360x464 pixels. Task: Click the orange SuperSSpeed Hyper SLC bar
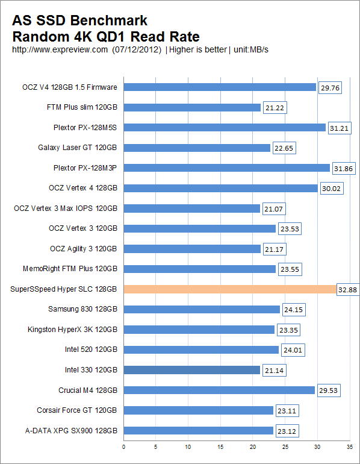[x=230, y=289]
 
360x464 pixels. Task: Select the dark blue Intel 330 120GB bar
[x=191, y=370]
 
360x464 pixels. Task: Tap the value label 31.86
[x=343, y=168]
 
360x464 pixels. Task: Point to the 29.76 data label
[x=329, y=87]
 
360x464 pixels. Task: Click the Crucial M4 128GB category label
[x=87, y=390]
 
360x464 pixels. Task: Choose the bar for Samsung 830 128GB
[x=202, y=309]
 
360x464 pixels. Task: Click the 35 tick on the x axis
[x=349, y=447]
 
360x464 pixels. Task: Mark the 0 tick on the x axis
[x=124, y=447]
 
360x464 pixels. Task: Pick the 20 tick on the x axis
[x=253, y=447]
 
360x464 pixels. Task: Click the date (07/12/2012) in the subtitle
[x=137, y=49]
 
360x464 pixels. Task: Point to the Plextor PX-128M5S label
[x=85, y=128]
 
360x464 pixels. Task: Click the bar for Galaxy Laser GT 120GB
[x=197, y=148]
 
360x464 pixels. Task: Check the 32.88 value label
[x=347, y=289]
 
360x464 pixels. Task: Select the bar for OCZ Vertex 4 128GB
[x=220, y=188]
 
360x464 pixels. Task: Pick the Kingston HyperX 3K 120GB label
[x=72, y=330]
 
